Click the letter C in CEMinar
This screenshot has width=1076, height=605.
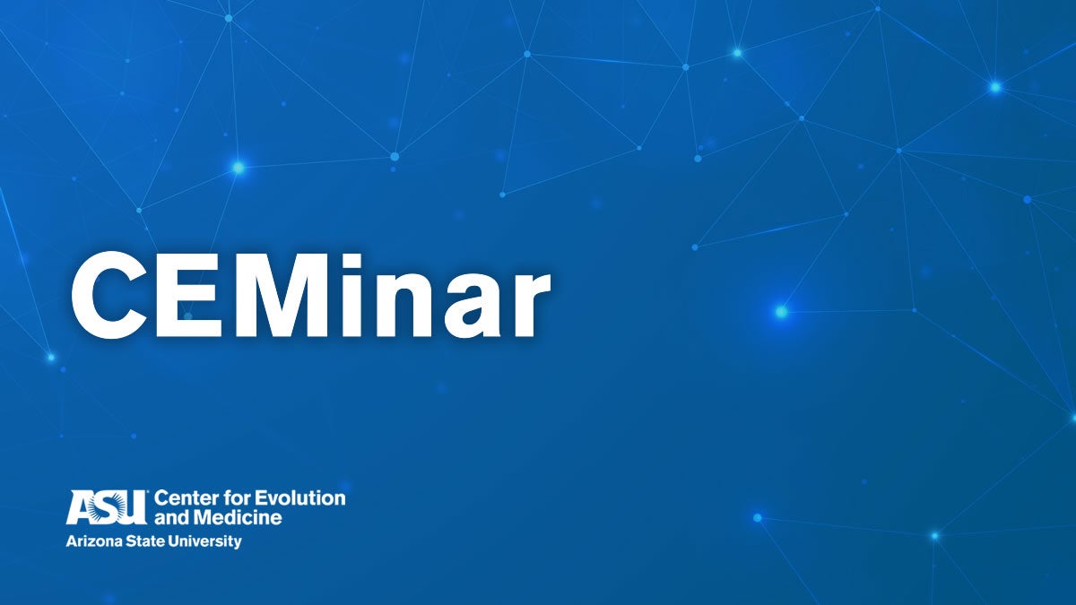(x=109, y=295)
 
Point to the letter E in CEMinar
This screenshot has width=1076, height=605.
(x=189, y=295)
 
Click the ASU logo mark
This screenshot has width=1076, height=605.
(x=107, y=507)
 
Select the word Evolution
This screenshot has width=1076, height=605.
(x=299, y=498)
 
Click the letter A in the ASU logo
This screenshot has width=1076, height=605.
(x=81, y=507)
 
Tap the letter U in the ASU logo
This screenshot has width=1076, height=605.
(x=134, y=507)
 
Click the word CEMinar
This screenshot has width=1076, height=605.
(x=311, y=295)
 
